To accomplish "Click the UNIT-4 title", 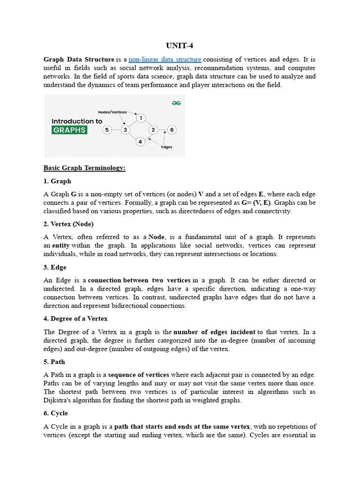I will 180,45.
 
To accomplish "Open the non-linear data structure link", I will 165,60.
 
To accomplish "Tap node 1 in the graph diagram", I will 140,118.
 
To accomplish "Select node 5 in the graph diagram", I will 107,130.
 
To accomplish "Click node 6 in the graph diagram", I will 172,130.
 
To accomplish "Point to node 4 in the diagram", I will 140,141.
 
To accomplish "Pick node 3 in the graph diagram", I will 125,130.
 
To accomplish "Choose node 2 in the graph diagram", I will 153,130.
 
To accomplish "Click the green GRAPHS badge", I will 69,130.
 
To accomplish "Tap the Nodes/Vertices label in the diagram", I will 112,112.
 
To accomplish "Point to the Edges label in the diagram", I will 166,147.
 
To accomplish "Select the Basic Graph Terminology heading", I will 84,168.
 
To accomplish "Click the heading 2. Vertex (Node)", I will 68,224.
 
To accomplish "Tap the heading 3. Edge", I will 55,267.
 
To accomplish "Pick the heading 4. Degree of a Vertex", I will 75,319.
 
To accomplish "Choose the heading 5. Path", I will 54,362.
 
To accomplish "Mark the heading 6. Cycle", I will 56,413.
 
